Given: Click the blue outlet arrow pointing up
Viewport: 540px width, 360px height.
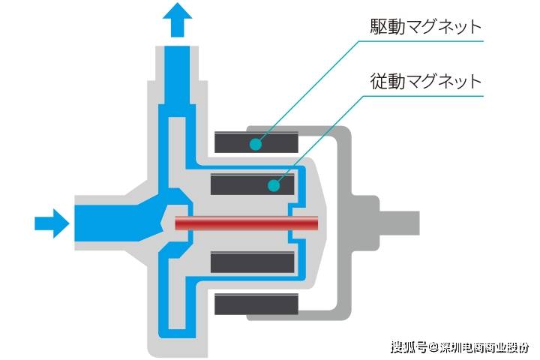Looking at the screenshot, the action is point(177,20).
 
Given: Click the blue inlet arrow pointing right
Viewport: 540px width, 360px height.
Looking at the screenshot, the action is point(52,223).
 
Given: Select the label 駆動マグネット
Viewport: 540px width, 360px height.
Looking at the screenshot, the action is point(426,26).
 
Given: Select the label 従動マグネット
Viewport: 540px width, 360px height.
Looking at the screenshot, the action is point(426,81).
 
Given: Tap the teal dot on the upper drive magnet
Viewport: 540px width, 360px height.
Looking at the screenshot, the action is point(256,144).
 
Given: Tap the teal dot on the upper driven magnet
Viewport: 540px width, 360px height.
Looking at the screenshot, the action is point(274,186).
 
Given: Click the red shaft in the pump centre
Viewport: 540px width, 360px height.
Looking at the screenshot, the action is point(246,223).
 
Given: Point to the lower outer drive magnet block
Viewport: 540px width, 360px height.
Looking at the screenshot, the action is point(256,304).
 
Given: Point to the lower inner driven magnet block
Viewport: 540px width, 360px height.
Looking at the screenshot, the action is point(253,262).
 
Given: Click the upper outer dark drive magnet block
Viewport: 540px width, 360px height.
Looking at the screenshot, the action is point(256,142).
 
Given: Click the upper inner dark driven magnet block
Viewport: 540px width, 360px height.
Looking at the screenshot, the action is point(253,184).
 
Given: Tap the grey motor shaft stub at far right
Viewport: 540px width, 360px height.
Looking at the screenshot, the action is point(400,223).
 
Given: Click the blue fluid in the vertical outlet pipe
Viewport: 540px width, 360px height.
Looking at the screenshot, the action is point(177,75).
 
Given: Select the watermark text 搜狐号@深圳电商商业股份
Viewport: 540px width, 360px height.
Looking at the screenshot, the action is point(460,347).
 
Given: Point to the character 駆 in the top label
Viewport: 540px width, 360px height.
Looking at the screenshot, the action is point(379,26).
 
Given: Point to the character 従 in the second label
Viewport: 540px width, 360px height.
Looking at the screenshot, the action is point(379,81).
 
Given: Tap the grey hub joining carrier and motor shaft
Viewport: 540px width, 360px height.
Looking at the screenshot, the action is point(365,223).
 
